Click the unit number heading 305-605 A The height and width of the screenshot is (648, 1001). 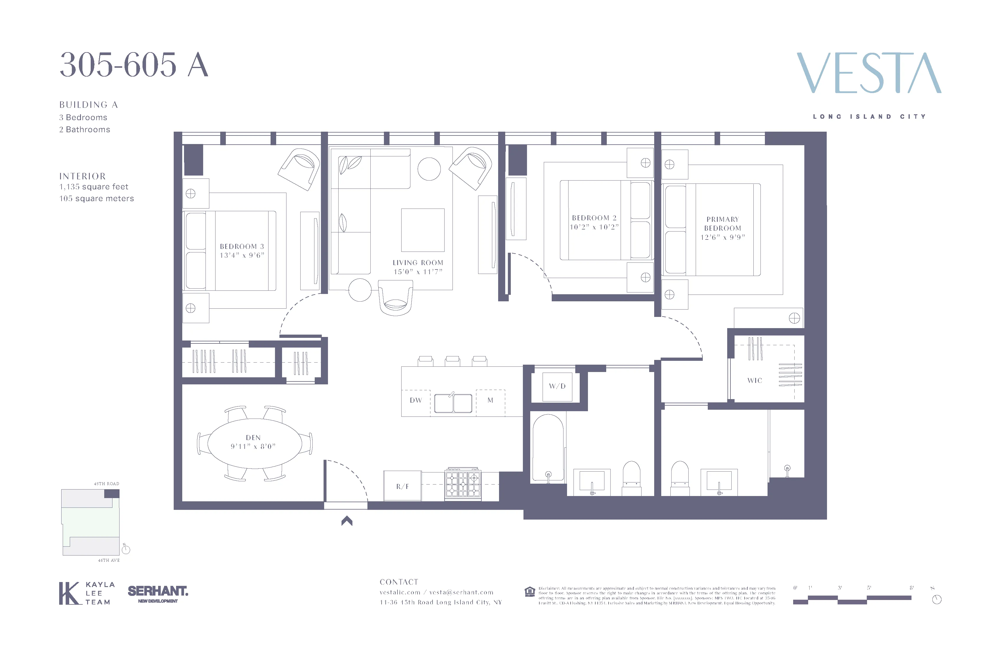(x=134, y=65)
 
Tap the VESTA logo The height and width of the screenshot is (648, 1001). (x=869, y=73)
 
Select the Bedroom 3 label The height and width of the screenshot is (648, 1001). (x=242, y=247)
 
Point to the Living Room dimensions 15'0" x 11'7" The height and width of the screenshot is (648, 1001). (x=418, y=272)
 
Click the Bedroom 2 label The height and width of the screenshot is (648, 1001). (x=594, y=218)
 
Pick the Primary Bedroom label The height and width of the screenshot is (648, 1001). (x=722, y=224)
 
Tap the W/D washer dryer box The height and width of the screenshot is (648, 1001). (x=557, y=386)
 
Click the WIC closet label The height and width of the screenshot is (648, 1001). (x=755, y=380)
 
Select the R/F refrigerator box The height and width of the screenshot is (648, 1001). (x=402, y=486)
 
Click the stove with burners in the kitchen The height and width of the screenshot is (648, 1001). (x=463, y=484)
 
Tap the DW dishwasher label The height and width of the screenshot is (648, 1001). (x=415, y=400)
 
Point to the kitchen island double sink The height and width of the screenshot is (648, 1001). (x=453, y=403)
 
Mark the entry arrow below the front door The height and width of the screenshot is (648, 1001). (x=347, y=521)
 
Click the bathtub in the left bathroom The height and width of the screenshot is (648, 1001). (x=548, y=448)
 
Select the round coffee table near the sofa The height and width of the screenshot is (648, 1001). (x=429, y=169)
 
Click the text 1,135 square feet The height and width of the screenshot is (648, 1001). (x=93, y=187)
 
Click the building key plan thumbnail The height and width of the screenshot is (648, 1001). (x=90, y=522)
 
